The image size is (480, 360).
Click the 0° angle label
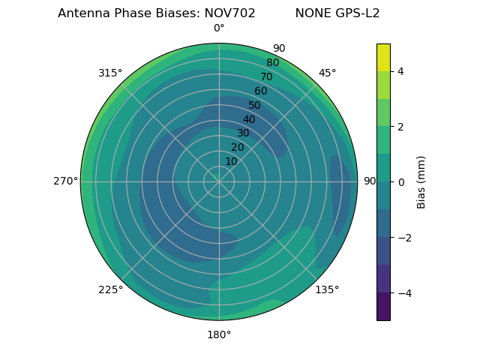(x=219, y=28)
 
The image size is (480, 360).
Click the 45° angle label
(x=327, y=73)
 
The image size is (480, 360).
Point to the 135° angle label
(x=327, y=289)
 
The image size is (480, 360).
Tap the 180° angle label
(x=219, y=334)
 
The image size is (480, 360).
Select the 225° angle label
(x=110, y=289)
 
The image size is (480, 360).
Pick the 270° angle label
(x=65, y=181)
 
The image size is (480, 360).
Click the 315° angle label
(x=110, y=73)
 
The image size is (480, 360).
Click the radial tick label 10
(x=231, y=161)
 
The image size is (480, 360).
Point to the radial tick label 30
(x=243, y=133)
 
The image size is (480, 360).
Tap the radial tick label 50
(x=255, y=106)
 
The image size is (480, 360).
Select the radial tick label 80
(x=273, y=63)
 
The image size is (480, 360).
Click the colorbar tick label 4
(x=400, y=71)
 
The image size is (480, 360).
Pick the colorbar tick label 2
(x=400, y=127)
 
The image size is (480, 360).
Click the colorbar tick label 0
(x=400, y=181)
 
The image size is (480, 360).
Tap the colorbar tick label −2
(x=403, y=237)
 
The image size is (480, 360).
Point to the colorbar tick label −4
(x=403, y=292)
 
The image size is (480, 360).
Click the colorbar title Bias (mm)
(x=421, y=181)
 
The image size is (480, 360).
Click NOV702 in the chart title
(x=229, y=13)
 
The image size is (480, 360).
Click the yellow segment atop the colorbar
(x=383, y=58)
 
